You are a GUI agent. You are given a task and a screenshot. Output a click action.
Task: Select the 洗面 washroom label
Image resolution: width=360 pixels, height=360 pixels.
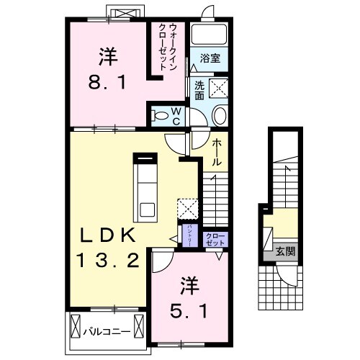point(199,89)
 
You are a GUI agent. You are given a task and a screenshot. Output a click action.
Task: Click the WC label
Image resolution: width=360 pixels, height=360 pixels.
point(176,115)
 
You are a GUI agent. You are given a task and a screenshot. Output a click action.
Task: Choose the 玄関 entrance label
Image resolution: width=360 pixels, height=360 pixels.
point(285,252)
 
